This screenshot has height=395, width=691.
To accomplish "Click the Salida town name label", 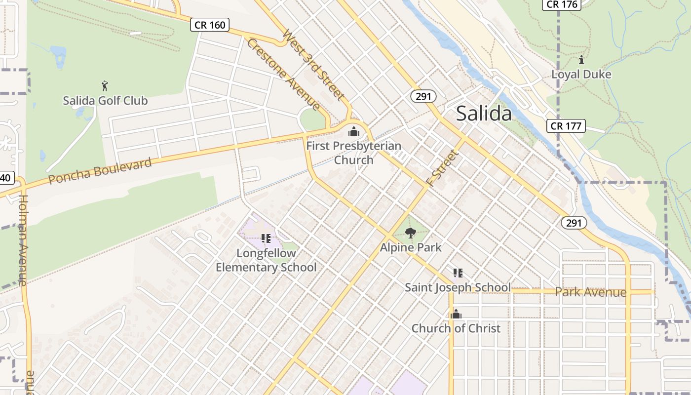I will pyautogui.click(x=484, y=114).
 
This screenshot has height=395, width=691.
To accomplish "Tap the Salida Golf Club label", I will pyautogui.click(x=105, y=101).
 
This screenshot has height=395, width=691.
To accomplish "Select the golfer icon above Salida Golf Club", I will pyautogui.click(x=105, y=86).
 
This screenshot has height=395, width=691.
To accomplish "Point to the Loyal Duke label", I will pyautogui.click(x=581, y=75).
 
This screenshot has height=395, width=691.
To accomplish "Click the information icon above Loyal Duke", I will pyautogui.click(x=581, y=60).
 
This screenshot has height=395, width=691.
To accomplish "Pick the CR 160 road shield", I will pyautogui.click(x=210, y=25).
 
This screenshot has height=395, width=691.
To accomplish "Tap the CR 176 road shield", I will pyautogui.click(x=562, y=4).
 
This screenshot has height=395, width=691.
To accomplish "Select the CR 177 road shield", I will pyautogui.click(x=566, y=126).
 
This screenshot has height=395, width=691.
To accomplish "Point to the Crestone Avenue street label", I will pyautogui.click(x=283, y=74).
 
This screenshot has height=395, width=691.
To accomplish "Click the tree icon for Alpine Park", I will pyautogui.click(x=410, y=233).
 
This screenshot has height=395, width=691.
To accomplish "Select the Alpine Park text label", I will pyautogui.click(x=411, y=247).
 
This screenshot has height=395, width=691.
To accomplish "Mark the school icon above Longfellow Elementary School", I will pyautogui.click(x=266, y=239).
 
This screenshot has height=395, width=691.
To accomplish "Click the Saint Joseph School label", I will pyautogui.click(x=458, y=287).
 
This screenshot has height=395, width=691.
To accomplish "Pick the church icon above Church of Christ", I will pyautogui.click(x=456, y=314).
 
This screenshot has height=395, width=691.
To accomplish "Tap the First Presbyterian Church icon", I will pyautogui.click(x=353, y=131).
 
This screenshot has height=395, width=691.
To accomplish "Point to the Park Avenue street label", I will pyautogui.click(x=591, y=292).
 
